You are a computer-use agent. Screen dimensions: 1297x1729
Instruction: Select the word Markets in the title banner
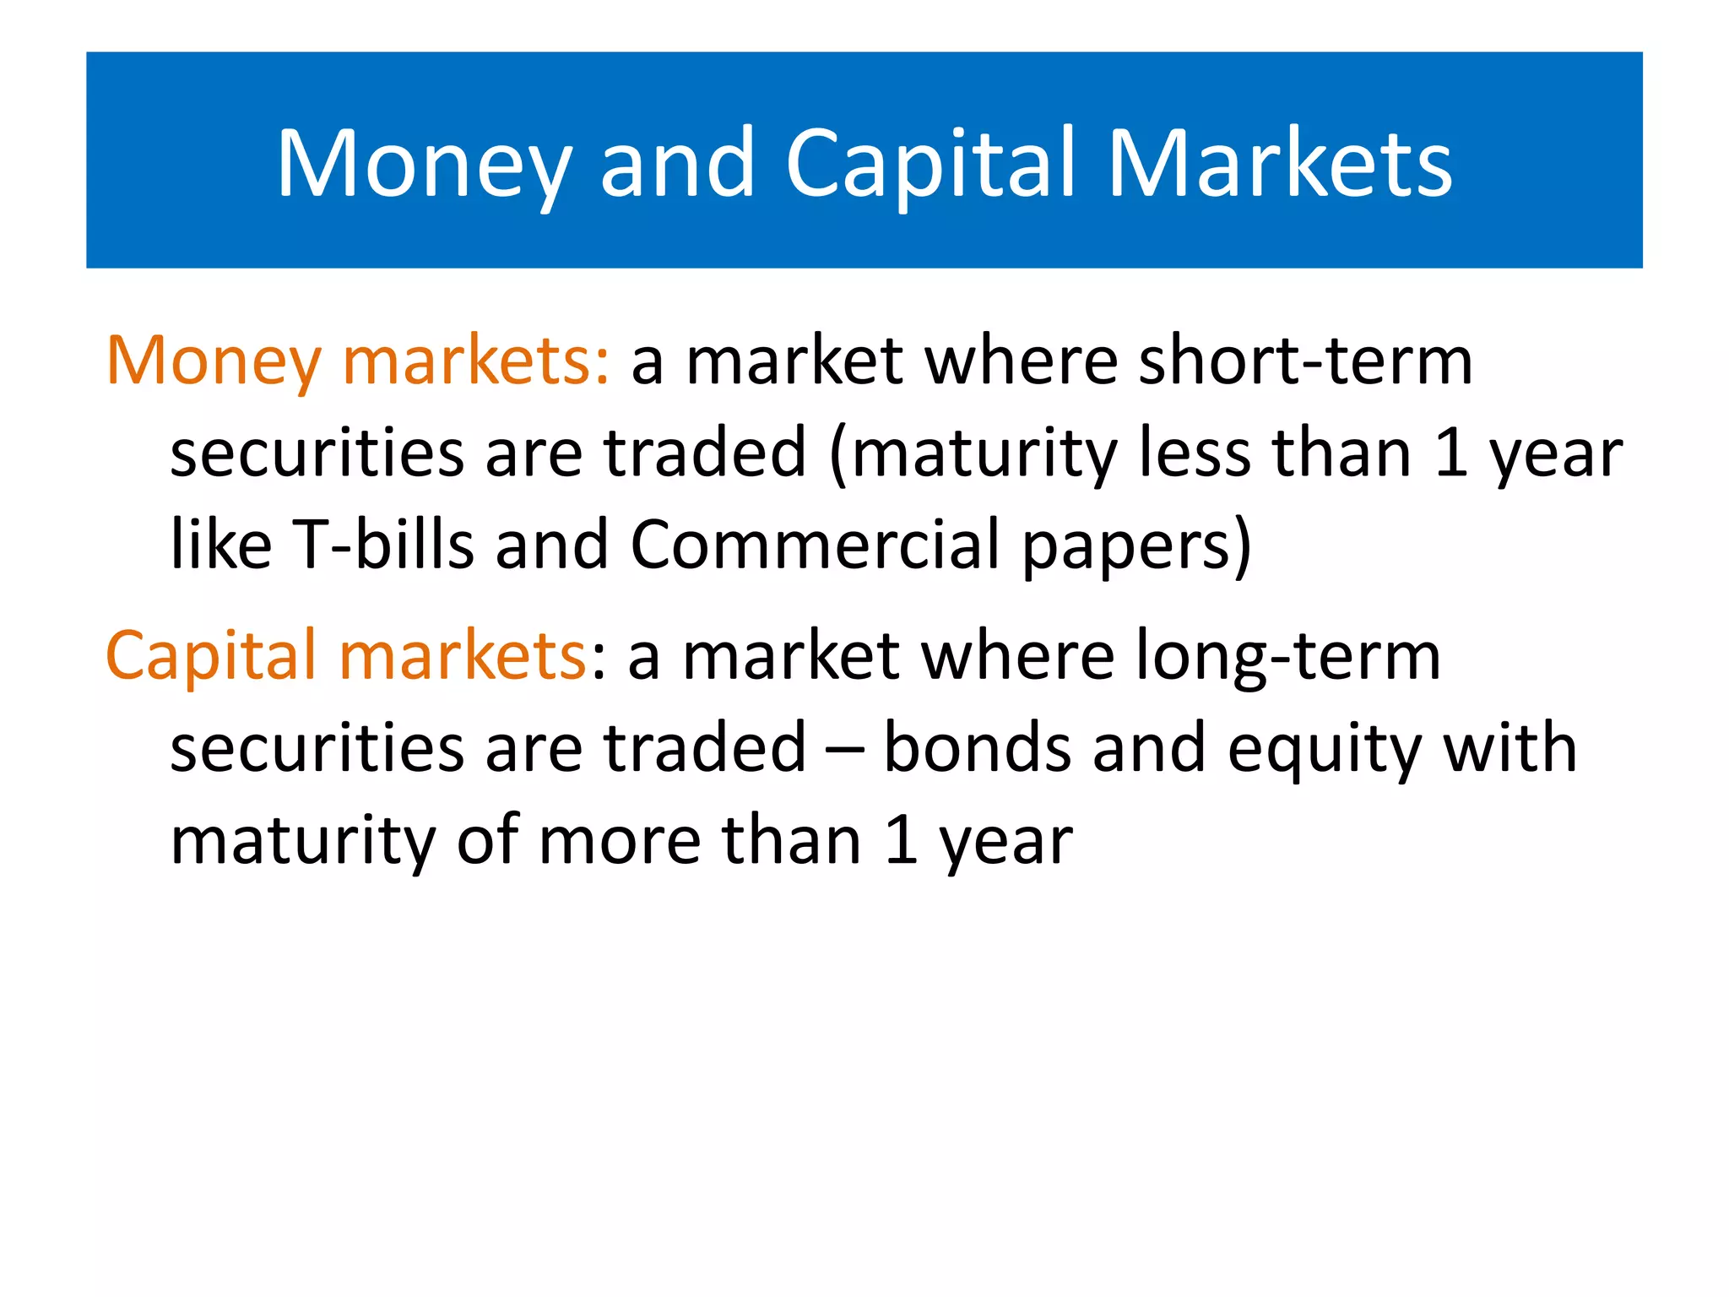coord(1280,165)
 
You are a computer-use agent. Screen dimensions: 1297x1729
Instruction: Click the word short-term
coord(1304,361)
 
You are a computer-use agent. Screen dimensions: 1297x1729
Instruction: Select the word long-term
coord(1287,657)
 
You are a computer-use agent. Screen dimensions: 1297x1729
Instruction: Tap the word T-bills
coord(382,545)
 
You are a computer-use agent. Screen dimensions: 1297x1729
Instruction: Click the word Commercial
coord(815,545)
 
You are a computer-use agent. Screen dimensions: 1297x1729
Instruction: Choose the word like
coord(220,545)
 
